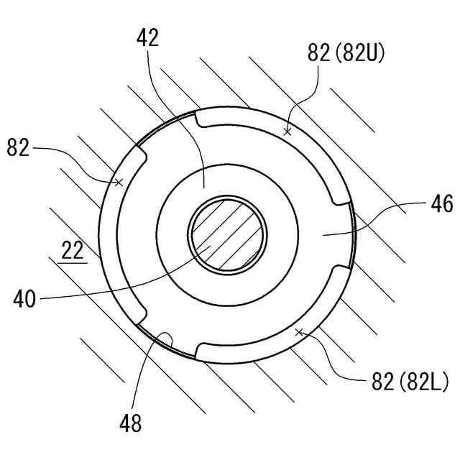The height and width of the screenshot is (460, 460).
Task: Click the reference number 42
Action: pyautogui.click(x=148, y=37)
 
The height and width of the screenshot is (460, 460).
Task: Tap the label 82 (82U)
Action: pyautogui.click(x=346, y=53)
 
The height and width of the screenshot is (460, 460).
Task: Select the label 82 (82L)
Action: pyautogui.click(x=410, y=382)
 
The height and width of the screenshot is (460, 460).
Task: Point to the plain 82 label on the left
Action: pyautogui.click(x=18, y=147)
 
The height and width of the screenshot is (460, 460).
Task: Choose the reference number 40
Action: pyautogui.click(x=24, y=299)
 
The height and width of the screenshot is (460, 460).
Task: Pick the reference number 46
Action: pyautogui.click(x=442, y=204)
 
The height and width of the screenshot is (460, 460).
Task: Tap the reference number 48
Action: pyautogui.click(x=131, y=423)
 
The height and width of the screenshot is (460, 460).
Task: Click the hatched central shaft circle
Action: pyautogui.click(x=227, y=235)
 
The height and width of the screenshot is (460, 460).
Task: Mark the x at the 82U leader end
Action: pyautogui.click(x=287, y=132)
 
